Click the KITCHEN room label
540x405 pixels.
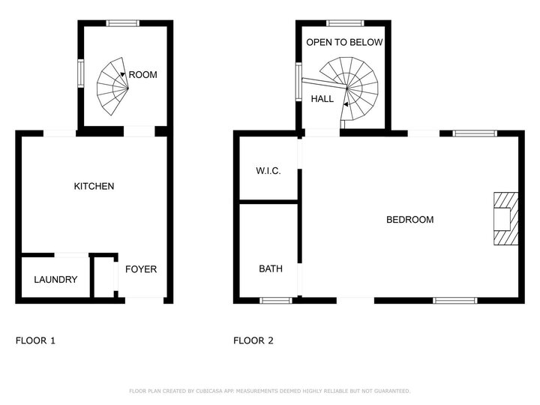click(x=94, y=186)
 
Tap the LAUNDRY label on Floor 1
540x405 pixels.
click(x=55, y=279)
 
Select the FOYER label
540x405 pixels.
click(x=141, y=269)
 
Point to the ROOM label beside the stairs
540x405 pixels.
click(x=143, y=75)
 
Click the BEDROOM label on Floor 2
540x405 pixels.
click(x=409, y=220)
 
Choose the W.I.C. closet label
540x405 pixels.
click(x=268, y=171)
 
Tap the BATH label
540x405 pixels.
click(x=271, y=268)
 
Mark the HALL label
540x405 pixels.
click(x=322, y=99)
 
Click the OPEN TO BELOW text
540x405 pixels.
click(x=344, y=42)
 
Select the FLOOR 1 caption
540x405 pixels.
click(x=35, y=340)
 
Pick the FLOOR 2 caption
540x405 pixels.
click(x=253, y=340)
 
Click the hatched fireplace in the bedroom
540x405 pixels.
click(x=506, y=219)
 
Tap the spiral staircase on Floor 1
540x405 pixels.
click(x=112, y=86)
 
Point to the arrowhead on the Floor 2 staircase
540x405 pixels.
click(x=346, y=104)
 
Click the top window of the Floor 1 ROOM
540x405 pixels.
click(x=122, y=23)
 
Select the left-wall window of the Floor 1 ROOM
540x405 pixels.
click(x=80, y=73)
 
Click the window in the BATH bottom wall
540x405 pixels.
click(x=275, y=301)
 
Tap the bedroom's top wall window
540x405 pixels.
click(x=475, y=133)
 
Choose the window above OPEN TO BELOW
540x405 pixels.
click(x=345, y=23)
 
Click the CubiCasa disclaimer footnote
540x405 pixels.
click(x=270, y=391)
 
